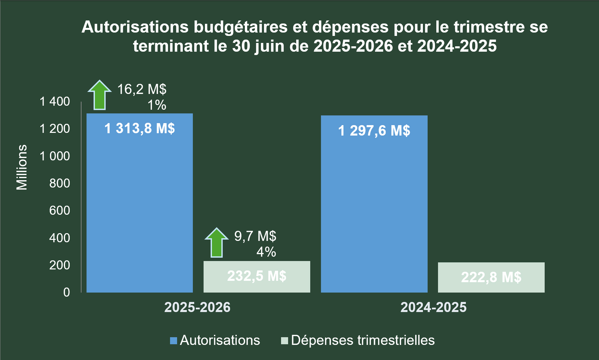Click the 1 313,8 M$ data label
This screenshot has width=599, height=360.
[140, 128]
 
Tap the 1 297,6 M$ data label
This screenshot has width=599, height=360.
[374, 131]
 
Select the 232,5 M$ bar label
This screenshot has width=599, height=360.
[257, 276]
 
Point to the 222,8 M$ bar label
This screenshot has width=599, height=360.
[491, 277]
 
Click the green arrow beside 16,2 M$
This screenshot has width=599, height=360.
[100, 96]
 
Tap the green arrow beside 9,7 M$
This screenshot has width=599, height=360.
[217, 243]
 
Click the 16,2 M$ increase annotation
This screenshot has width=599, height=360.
[142, 89]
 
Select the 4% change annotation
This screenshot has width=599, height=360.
[266, 252]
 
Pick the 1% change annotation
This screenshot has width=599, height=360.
[157, 105]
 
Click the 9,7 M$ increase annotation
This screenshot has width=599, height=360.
[255, 236]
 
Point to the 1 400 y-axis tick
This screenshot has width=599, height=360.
[55, 101]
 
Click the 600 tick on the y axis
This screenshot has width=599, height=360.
[59, 210]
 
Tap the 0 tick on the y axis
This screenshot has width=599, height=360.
[66, 292]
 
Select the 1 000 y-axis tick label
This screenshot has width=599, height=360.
[55, 156]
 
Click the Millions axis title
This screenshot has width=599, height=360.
[22, 167]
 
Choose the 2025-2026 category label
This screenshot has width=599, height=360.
[197, 307]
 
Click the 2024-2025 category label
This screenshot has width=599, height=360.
[433, 307]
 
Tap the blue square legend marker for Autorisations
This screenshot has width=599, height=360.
[173, 341]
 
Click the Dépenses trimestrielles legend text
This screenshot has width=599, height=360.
[363, 340]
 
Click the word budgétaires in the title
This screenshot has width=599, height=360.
[240, 27]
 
